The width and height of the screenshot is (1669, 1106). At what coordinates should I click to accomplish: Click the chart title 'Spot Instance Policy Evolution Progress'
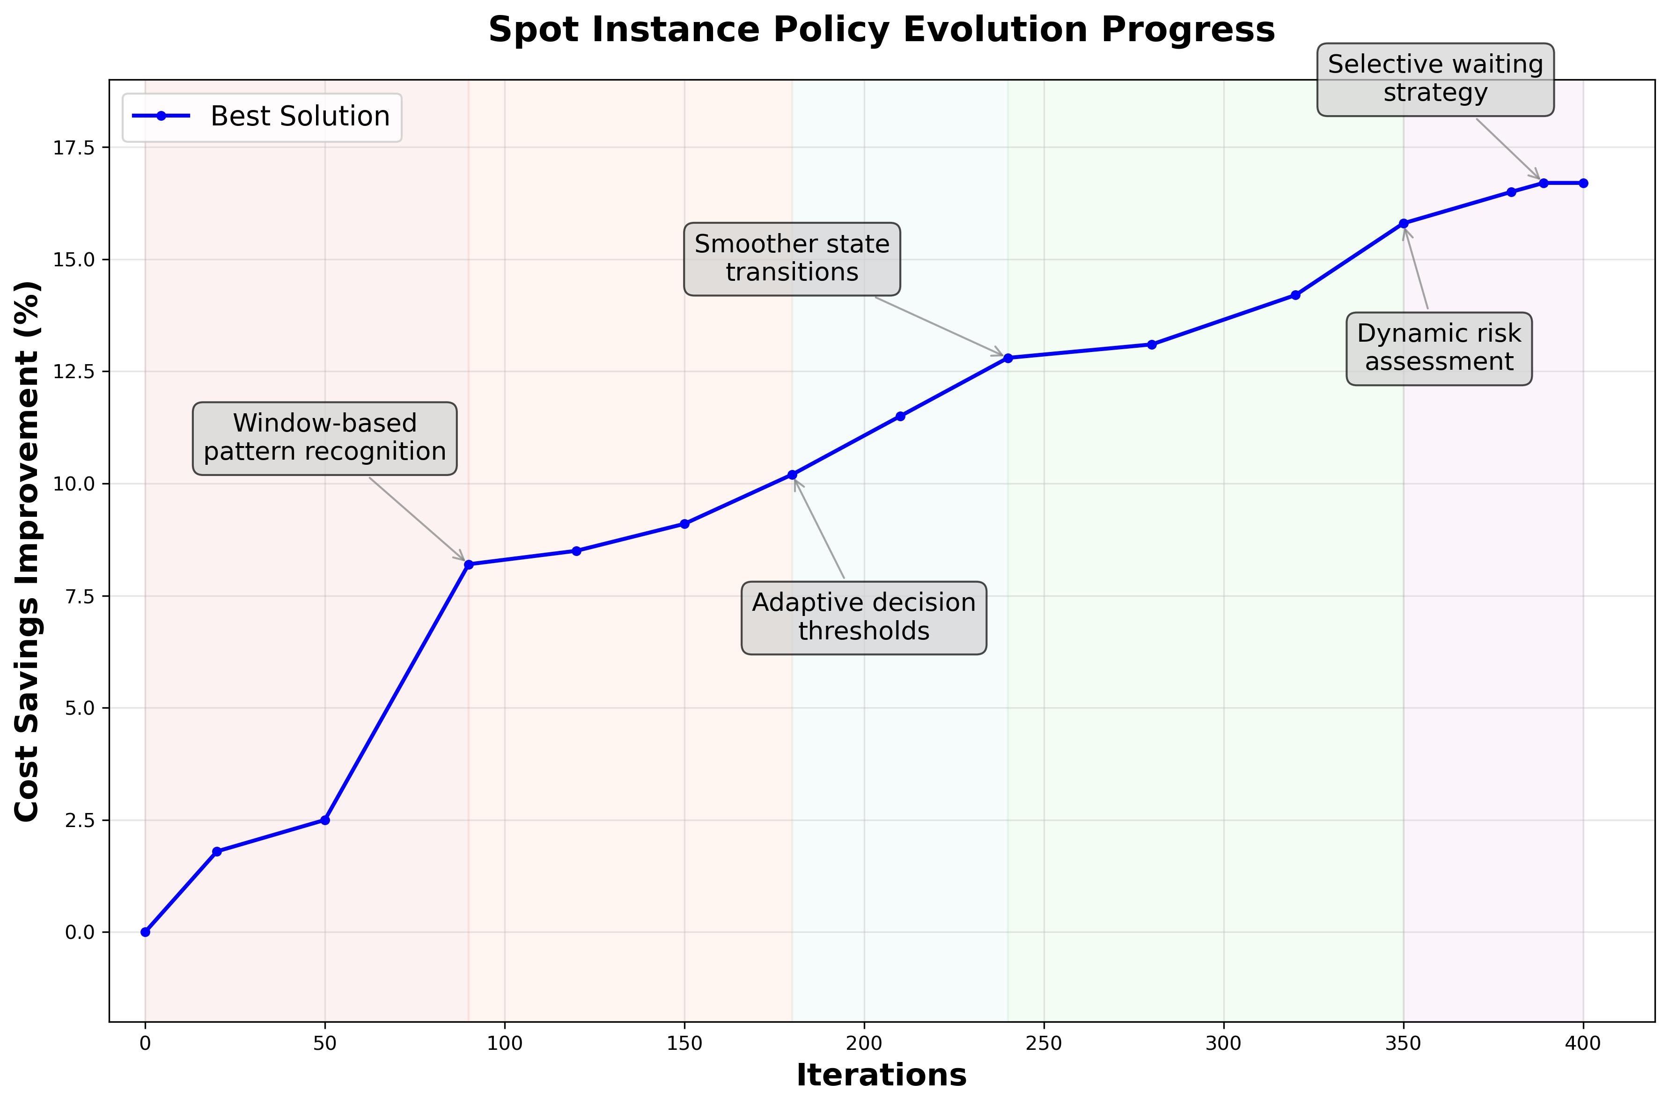(x=881, y=30)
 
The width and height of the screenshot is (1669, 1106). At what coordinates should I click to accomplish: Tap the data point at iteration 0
(x=145, y=932)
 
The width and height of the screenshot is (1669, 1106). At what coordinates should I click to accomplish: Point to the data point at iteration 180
(x=792, y=475)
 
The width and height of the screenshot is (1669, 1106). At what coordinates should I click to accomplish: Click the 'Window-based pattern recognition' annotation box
(x=324, y=438)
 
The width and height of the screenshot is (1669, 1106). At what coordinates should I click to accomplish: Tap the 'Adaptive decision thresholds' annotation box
(x=863, y=617)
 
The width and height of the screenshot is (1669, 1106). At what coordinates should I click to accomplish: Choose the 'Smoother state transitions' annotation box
(x=792, y=259)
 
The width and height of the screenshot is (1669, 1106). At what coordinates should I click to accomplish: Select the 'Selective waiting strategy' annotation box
(x=1435, y=79)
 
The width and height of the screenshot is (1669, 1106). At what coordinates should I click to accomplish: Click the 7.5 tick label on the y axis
(x=79, y=596)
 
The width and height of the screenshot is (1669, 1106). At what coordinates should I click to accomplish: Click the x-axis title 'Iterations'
(x=881, y=1076)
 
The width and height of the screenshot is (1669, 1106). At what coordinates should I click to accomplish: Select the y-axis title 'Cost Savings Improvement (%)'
(x=28, y=551)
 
